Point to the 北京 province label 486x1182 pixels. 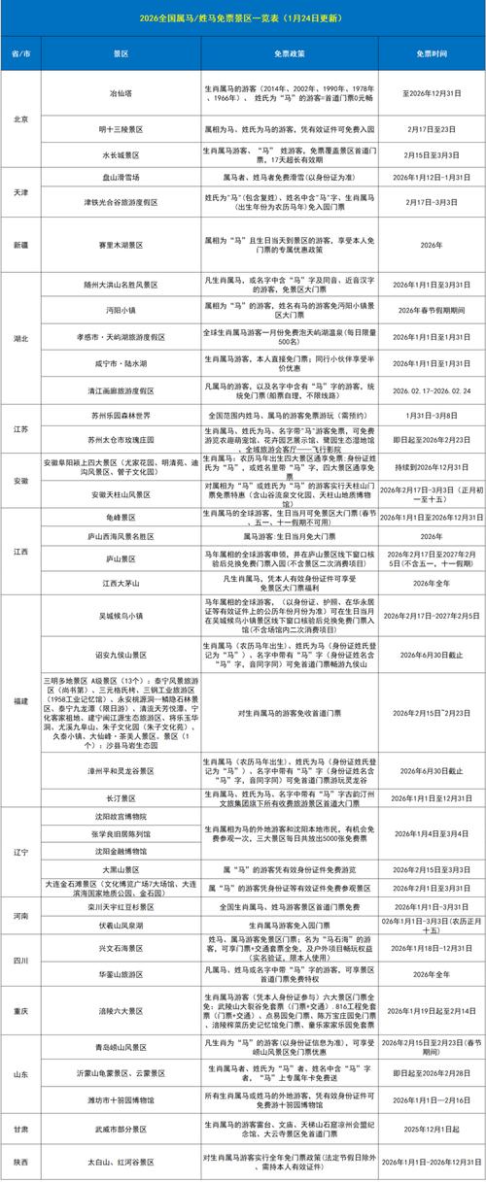pyautogui.click(x=18, y=118)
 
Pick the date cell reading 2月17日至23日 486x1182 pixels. pyautogui.click(x=429, y=127)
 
